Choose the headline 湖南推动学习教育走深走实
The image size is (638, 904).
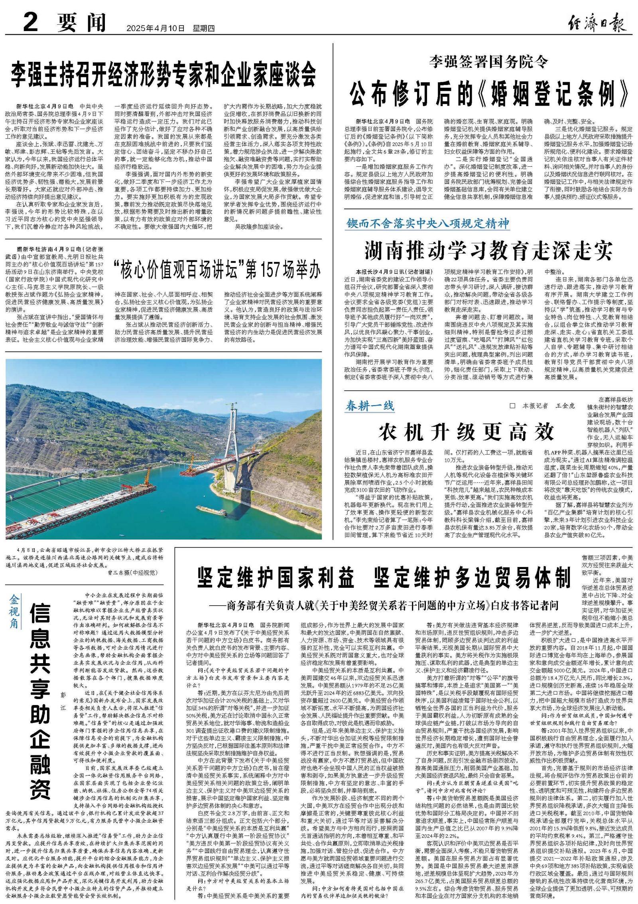click(488, 250)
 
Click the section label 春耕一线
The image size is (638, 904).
click(370, 406)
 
